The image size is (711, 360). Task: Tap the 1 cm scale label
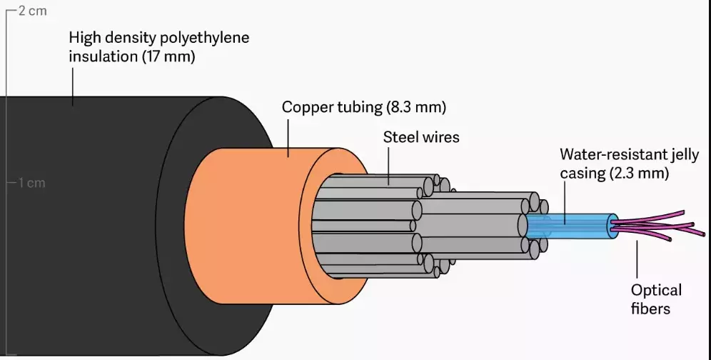[x=31, y=183]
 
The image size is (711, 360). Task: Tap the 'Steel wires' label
[x=421, y=136]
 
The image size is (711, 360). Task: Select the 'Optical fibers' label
[x=655, y=299]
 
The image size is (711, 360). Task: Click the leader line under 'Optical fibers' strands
[x=637, y=261]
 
